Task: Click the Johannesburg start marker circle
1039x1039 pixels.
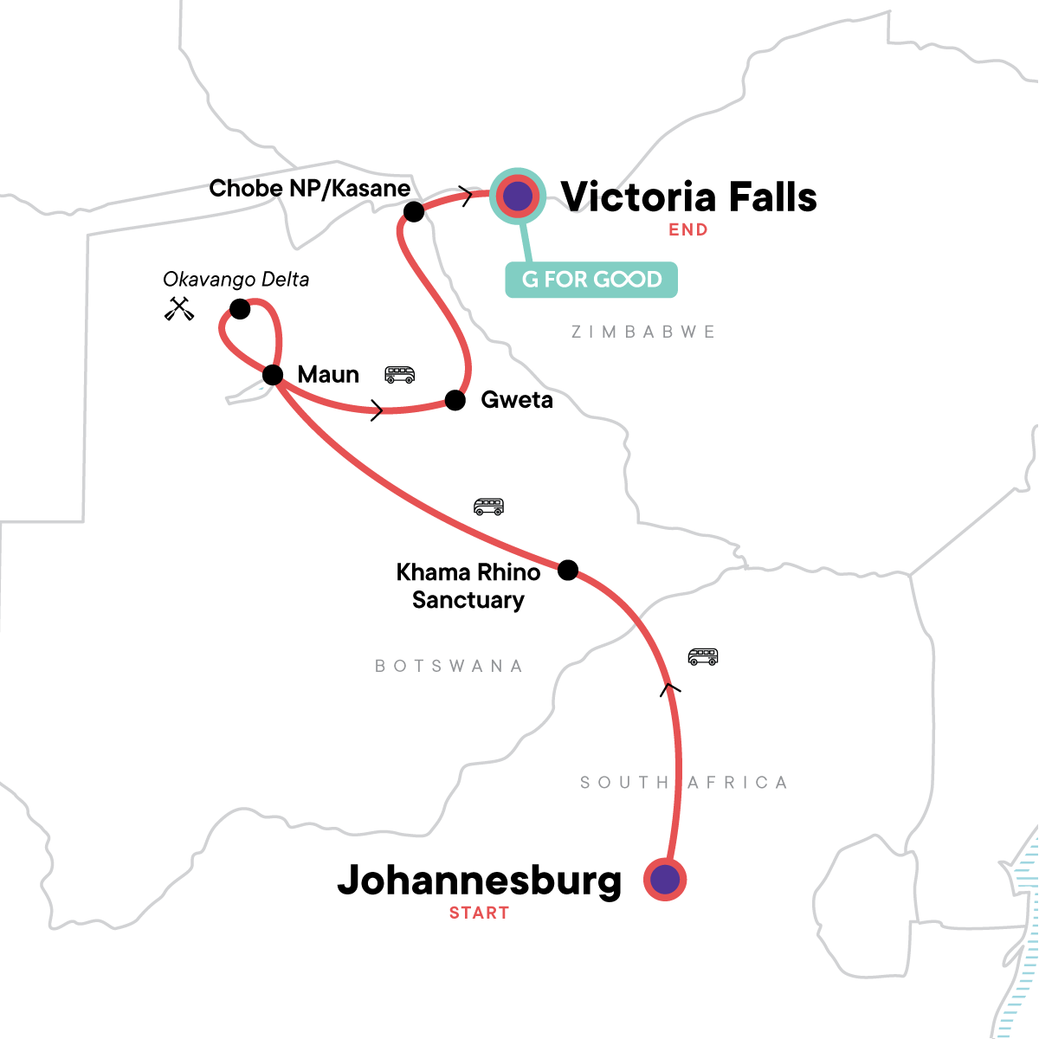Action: [665, 880]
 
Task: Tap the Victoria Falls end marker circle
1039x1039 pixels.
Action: [518, 197]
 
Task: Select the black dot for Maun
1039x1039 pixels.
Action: [273, 375]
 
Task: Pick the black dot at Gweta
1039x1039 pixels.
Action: [455, 400]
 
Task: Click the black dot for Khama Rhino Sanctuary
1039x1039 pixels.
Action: [568, 570]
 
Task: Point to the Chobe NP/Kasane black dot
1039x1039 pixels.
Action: [414, 211]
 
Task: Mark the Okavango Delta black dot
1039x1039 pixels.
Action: [240, 309]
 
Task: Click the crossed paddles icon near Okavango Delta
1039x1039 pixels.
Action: [179, 308]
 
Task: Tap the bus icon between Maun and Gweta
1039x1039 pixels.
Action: [400, 374]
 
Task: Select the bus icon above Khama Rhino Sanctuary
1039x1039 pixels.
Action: [488, 507]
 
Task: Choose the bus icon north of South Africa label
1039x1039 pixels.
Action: [703, 656]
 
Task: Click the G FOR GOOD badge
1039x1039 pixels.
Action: [591, 280]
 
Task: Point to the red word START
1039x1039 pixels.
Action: [479, 913]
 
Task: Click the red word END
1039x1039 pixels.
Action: [688, 229]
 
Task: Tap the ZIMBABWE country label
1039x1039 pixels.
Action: [643, 332]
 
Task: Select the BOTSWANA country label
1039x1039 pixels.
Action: [449, 666]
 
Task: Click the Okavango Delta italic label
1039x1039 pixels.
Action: [236, 280]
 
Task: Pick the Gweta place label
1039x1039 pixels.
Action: [517, 400]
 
